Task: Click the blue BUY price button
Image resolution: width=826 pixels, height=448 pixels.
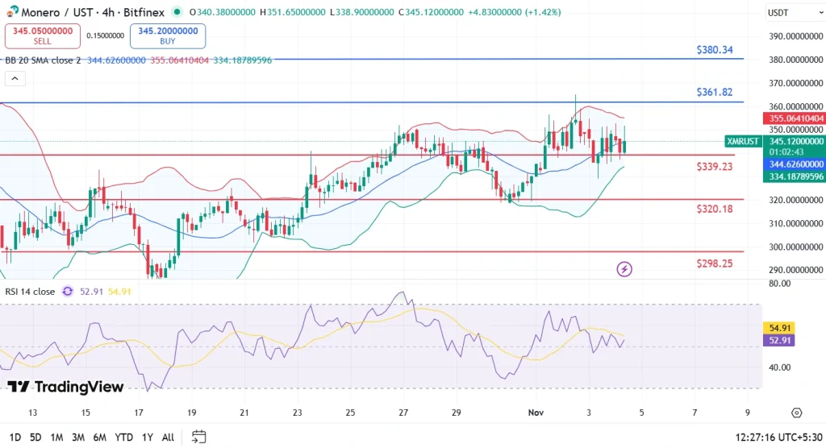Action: pyautogui.click(x=168, y=35)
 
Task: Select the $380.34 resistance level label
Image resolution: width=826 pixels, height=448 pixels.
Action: pyautogui.click(x=715, y=50)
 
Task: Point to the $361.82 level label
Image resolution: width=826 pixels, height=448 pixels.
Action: pyautogui.click(x=715, y=93)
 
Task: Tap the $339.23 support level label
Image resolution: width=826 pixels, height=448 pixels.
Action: pyautogui.click(x=715, y=167)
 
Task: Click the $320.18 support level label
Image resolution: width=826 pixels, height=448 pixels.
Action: pyautogui.click(x=715, y=209)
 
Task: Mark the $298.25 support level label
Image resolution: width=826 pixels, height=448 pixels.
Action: pyautogui.click(x=715, y=263)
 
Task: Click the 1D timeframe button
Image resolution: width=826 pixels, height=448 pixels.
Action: pyautogui.click(x=14, y=437)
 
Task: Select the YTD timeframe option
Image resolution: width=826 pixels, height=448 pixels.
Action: pyautogui.click(x=123, y=437)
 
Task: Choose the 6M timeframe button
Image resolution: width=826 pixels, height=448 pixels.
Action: pyautogui.click(x=100, y=437)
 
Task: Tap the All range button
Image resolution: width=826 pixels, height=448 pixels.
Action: pyautogui.click(x=168, y=437)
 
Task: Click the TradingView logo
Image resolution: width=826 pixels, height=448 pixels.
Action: pyautogui.click(x=66, y=388)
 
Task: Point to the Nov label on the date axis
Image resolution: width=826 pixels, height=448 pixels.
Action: pyautogui.click(x=536, y=413)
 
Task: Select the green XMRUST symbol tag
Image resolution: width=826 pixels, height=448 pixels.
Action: pyautogui.click(x=742, y=141)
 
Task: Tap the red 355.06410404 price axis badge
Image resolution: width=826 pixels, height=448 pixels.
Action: pyautogui.click(x=794, y=118)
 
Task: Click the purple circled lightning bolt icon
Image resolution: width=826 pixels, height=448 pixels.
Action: pyautogui.click(x=624, y=269)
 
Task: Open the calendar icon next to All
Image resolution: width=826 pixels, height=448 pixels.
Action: pyautogui.click(x=198, y=437)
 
